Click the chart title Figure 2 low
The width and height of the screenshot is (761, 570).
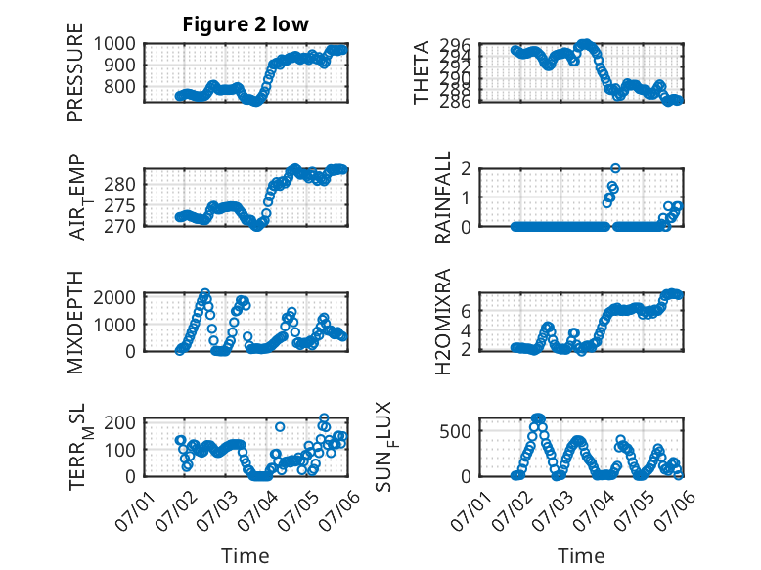pos(246,24)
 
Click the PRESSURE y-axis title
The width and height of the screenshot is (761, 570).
pos(75,72)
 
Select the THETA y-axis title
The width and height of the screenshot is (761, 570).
pos(422,72)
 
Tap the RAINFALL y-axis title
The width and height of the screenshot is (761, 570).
pos(443,197)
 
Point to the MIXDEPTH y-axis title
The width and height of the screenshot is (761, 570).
pos(75,322)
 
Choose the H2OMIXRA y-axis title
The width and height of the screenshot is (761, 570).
pos(443,322)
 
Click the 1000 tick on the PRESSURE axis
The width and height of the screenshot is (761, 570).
pos(114,44)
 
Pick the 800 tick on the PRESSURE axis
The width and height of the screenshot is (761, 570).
pos(120,86)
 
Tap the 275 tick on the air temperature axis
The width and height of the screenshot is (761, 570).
pos(120,205)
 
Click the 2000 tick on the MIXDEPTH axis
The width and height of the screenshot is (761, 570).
pos(114,297)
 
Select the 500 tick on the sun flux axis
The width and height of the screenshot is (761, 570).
pos(455,431)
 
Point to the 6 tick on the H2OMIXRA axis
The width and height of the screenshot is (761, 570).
pos(466,311)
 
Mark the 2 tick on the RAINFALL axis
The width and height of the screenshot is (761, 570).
pos(466,168)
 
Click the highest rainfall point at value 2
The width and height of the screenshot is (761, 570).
pos(615,168)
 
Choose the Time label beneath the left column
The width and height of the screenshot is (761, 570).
pos(246,555)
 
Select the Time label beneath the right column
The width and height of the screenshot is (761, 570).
pos(581,555)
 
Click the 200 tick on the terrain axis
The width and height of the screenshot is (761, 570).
pos(120,422)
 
